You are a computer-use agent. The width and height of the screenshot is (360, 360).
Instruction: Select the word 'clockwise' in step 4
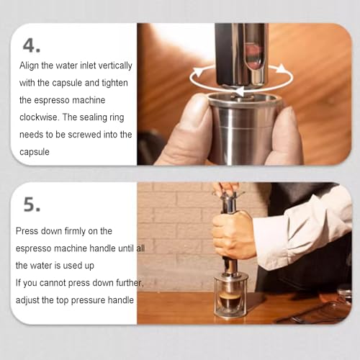39,117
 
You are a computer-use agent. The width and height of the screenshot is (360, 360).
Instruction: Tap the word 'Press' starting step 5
28,232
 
